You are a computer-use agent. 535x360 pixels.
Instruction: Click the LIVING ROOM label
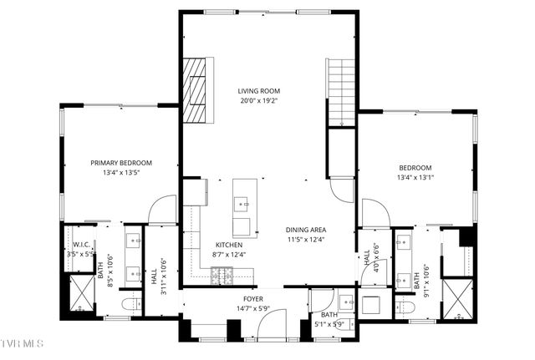(x=258, y=91)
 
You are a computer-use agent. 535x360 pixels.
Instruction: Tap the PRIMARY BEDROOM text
(x=121, y=163)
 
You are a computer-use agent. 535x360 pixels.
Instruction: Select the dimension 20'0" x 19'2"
(x=258, y=101)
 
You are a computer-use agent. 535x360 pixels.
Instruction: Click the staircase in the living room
(x=341, y=93)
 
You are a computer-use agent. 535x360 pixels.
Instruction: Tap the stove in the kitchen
(x=222, y=274)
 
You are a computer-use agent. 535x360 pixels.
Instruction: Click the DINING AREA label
(x=306, y=230)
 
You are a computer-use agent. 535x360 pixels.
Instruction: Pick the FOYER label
(x=253, y=298)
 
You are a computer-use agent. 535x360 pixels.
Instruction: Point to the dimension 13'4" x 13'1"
(x=415, y=177)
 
